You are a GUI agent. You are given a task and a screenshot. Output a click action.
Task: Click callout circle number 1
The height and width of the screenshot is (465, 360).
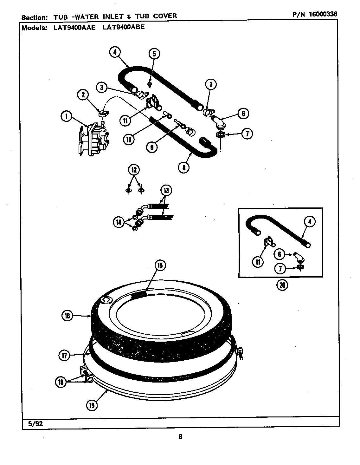66,117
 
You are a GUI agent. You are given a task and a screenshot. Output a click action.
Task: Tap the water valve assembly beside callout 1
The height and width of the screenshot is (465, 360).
92,140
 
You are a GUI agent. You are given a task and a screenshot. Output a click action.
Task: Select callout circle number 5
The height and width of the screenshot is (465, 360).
154,53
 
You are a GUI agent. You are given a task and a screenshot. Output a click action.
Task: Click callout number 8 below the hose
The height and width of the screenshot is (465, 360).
184,167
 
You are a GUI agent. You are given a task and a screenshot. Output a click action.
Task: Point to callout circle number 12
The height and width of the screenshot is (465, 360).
134,170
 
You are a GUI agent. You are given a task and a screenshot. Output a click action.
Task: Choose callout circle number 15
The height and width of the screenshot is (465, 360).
160,265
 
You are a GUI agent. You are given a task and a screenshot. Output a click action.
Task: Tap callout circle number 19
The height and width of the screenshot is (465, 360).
92,405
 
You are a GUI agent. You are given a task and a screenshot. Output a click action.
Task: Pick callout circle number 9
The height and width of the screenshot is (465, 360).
152,147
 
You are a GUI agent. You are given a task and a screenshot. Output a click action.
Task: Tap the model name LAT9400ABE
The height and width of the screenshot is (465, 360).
124,27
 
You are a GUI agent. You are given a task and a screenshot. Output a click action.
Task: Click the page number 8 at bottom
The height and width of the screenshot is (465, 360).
180,436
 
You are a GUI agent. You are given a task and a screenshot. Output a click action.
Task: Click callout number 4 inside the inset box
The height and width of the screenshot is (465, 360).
310,221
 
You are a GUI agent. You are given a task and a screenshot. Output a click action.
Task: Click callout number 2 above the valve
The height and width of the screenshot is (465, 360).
83,95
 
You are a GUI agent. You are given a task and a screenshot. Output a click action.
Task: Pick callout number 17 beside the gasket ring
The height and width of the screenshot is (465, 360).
65,356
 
